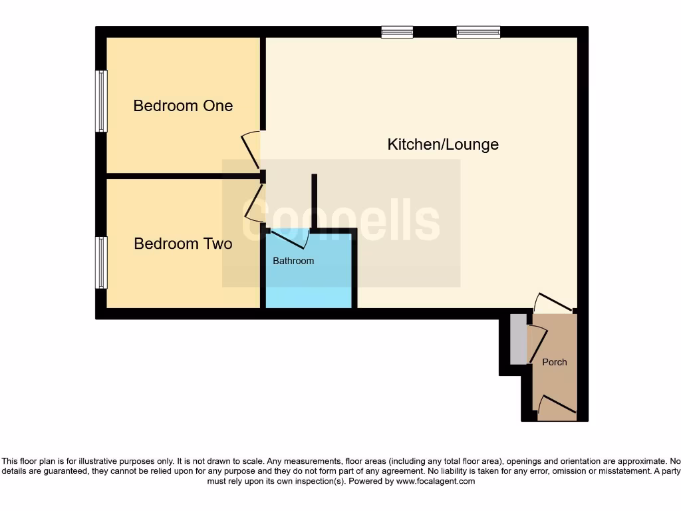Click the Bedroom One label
(x=183, y=106)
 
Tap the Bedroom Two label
(x=183, y=244)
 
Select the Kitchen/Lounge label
(x=443, y=144)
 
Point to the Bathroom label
(x=293, y=261)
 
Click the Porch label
(x=555, y=362)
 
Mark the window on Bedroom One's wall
(x=101, y=101)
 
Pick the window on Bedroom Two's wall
(x=101, y=262)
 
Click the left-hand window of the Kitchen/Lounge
(x=397, y=31)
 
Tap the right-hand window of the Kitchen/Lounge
(x=478, y=31)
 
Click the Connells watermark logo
(x=340, y=222)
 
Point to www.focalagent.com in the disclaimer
(x=435, y=480)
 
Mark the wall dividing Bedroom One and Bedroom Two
(x=183, y=176)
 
